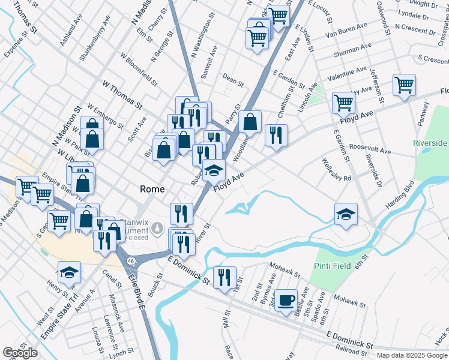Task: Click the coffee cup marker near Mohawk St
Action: (286, 299)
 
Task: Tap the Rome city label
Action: (152, 188)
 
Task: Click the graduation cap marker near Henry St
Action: (69, 272)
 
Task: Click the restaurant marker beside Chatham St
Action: (276, 135)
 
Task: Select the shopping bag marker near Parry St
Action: (250, 121)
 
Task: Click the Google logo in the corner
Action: (20, 353)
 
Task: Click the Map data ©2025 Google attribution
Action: (412, 355)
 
